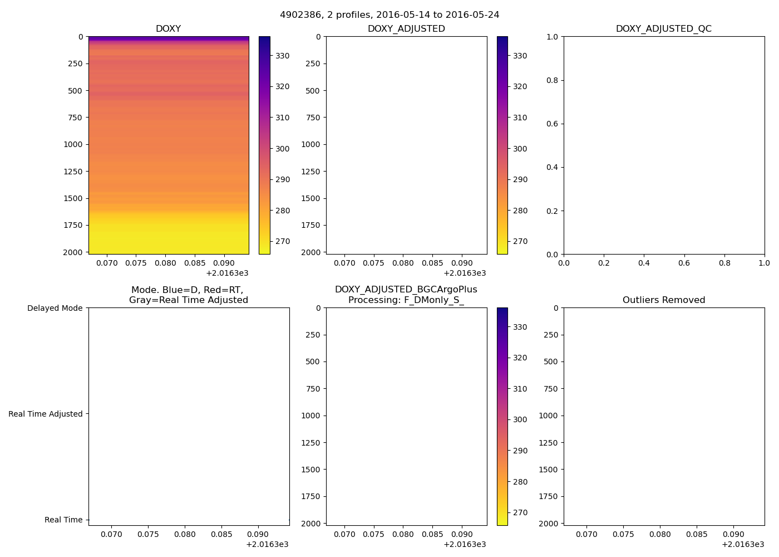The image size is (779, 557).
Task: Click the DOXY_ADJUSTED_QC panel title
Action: point(663,29)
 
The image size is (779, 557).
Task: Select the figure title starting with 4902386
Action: point(389,15)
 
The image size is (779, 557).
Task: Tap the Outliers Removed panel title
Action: point(663,300)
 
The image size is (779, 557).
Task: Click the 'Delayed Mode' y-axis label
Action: point(55,308)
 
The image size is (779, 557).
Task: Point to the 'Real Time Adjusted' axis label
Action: point(46,414)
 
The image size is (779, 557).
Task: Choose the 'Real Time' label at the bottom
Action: point(63,520)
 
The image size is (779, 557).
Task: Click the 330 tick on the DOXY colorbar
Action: point(283,56)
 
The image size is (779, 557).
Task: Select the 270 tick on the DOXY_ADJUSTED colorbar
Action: point(520,242)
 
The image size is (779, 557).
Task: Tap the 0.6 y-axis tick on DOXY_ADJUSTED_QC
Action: point(552,124)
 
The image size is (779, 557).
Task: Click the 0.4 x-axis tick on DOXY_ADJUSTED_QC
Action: point(644,263)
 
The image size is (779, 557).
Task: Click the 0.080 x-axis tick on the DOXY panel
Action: point(165,263)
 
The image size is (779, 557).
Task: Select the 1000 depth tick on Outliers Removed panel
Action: point(548,416)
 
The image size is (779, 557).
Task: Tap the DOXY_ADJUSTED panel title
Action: point(406,29)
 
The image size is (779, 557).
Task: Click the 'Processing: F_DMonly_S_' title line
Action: point(406,300)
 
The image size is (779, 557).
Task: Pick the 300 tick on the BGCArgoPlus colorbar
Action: point(520,420)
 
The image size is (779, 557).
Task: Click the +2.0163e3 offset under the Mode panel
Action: point(267,544)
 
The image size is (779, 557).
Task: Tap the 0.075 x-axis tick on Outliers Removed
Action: point(623,534)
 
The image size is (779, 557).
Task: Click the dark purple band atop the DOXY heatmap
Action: point(168,38)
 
